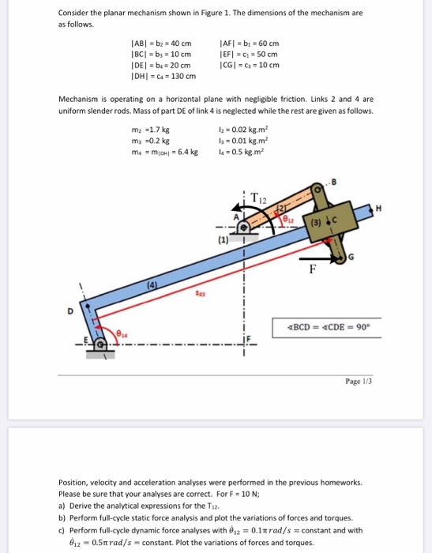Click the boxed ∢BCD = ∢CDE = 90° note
pyautogui.click(x=321, y=326)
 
